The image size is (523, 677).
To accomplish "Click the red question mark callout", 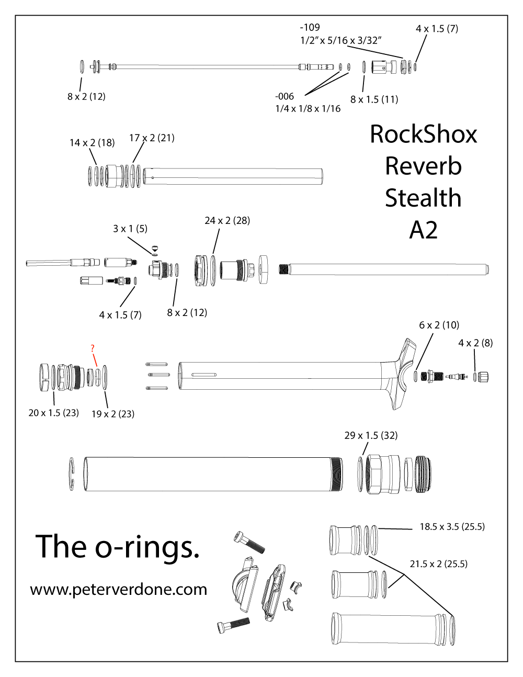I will point(93,348).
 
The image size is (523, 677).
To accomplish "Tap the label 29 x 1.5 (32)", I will point(371,435).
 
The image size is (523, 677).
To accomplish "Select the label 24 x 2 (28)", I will point(227,221).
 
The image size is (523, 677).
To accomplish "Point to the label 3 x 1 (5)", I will point(130,229).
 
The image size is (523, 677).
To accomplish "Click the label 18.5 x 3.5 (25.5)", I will point(452,527).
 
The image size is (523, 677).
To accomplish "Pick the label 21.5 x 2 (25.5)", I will point(438,564).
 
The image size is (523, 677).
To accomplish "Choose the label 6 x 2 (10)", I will point(439,325).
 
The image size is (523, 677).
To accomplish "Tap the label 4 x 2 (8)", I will point(475,343).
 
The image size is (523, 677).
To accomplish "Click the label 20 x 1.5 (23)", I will point(53,413).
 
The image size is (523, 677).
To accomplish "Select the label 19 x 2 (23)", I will point(113,414).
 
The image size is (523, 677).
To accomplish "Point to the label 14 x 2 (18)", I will point(92,143).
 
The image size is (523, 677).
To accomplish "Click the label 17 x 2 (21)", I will point(152,138).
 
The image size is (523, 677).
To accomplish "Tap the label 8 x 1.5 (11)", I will point(374,99).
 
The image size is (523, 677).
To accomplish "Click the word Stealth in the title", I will point(423,198).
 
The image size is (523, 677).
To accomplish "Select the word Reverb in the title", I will point(423,166).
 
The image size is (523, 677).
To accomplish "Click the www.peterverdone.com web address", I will point(119,590).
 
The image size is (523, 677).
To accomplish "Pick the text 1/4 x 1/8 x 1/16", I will point(308,109).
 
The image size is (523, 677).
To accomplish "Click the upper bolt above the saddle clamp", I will point(250,542).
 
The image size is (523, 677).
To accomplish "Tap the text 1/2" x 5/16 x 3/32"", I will point(341,40).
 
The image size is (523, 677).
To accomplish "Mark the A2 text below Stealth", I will point(423,230).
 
